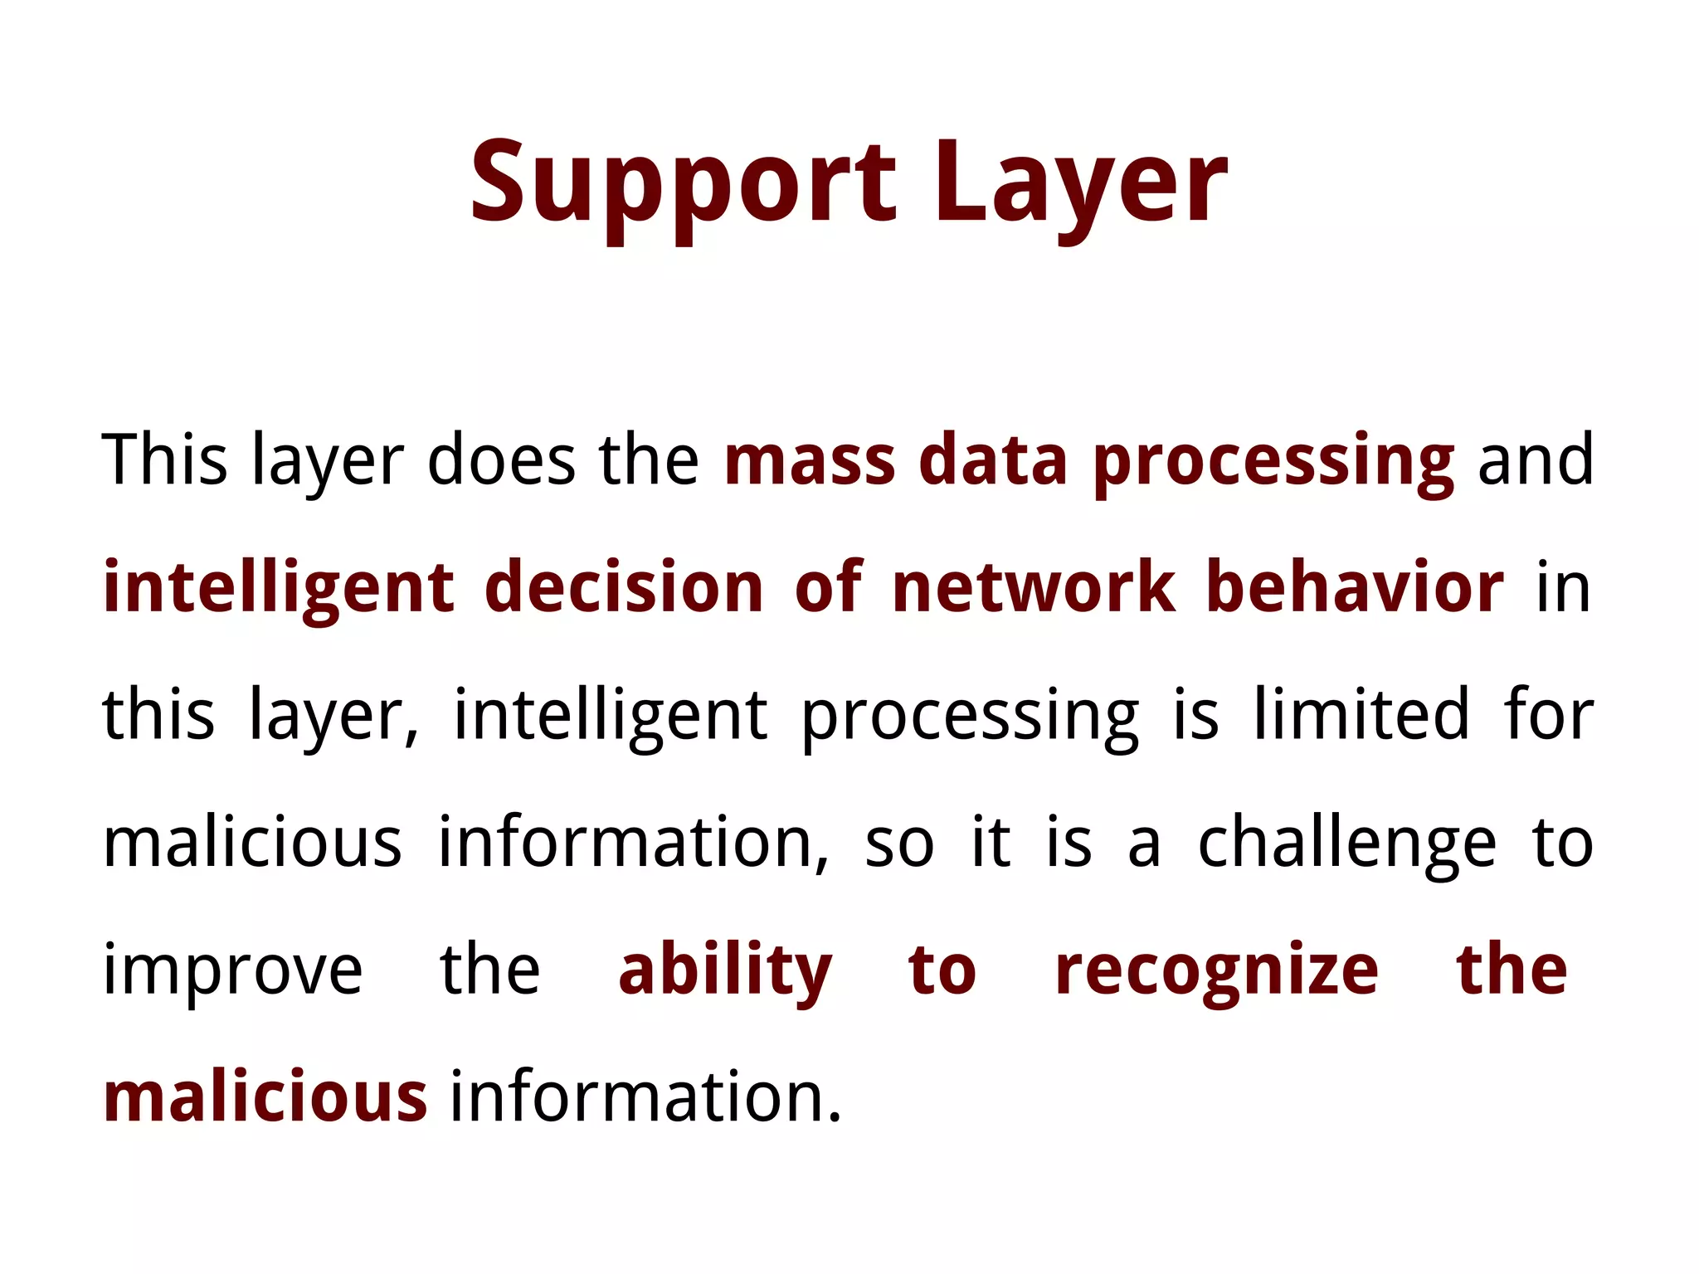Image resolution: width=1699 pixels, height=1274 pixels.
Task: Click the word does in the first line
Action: tap(501, 460)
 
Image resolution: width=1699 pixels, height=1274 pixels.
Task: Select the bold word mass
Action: tap(810, 460)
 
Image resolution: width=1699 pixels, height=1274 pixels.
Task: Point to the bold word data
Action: tap(993, 460)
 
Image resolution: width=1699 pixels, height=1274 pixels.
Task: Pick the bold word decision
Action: tap(623, 588)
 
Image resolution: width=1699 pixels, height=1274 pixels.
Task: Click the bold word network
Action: tap(1034, 588)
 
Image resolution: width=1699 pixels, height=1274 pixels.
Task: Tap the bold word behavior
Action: tap(1355, 588)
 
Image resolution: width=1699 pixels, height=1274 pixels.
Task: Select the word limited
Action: tap(1361, 715)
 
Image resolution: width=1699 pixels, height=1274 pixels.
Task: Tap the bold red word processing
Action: tap(1273, 460)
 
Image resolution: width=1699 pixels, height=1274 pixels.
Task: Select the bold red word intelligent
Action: tap(279, 588)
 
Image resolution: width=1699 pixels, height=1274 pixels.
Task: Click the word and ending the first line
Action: tap(1536, 460)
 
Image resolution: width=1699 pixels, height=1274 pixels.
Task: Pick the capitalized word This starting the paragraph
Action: tap(164, 460)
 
